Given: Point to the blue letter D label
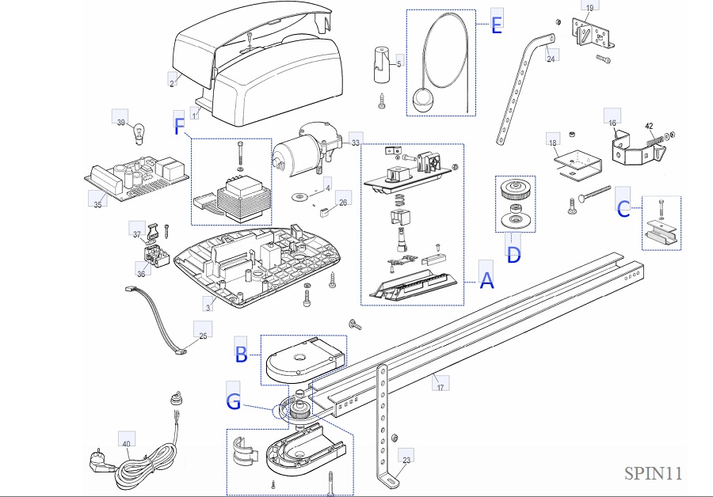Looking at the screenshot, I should [x=513, y=255].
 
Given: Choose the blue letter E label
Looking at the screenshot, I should [x=497, y=25].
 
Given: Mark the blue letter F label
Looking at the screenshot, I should [x=179, y=126].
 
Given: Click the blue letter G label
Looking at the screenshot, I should [x=233, y=401].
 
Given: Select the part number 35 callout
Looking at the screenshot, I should [x=97, y=204].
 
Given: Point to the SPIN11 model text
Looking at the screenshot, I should [x=653, y=473].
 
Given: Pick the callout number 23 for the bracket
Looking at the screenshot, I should [x=406, y=459].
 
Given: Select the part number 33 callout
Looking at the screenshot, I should [x=355, y=142].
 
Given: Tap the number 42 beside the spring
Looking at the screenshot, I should [x=648, y=126].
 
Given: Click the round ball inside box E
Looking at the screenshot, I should [x=421, y=100].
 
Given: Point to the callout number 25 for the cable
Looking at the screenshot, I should [x=203, y=336].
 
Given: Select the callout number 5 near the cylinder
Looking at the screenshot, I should [x=398, y=63].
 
